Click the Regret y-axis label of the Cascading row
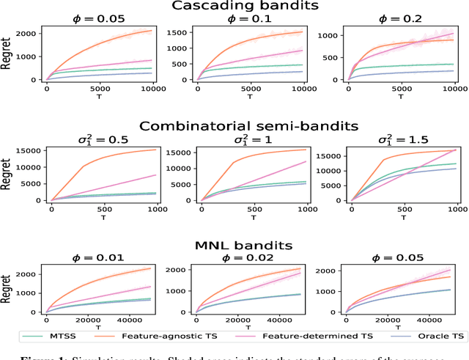click(x=7, y=55)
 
